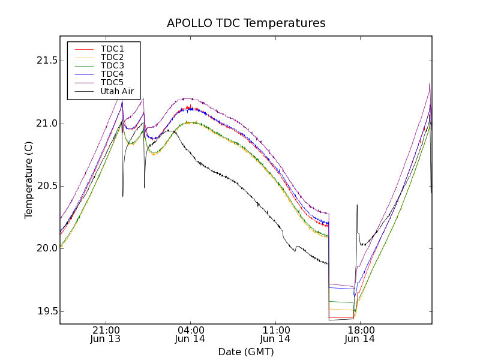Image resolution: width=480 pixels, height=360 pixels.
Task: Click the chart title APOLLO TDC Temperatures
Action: click(x=246, y=23)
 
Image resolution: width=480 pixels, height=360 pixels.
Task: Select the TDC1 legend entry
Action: click(x=112, y=49)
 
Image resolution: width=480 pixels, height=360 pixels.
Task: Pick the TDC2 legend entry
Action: click(x=112, y=57)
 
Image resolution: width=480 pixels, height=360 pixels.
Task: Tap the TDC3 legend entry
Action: click(x=112, y=65)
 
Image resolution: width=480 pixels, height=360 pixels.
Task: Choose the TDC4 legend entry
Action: click(x=112, y=74)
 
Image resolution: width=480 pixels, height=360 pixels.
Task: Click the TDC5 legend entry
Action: click(x=112, y=82)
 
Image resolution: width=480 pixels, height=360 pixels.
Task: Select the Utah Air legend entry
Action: click(x=117, y=92)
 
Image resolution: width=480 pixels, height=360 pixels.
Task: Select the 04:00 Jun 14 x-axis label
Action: click(x=191, y=334)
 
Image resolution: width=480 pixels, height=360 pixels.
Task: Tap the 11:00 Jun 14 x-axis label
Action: click(x=276, y=334)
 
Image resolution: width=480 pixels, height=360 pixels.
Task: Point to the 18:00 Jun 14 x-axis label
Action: click(x=361, y=334)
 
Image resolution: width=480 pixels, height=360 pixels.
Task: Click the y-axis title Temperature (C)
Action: click(x=28, y=180)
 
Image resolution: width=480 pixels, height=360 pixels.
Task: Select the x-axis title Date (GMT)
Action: click(x=246, y=352)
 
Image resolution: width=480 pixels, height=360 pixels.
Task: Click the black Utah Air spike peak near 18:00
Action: click(x=357, y=205)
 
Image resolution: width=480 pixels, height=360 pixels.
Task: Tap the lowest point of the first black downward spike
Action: click(x=123, y=196)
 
